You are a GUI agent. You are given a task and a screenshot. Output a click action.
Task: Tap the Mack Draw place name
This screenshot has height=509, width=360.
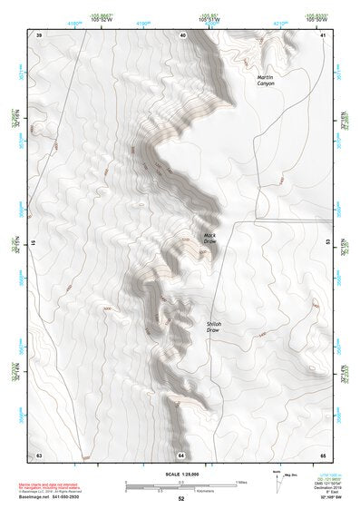click(x=210, y=239)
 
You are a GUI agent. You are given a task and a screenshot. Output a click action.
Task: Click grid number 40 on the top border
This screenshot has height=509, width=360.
click(x=182, y=34)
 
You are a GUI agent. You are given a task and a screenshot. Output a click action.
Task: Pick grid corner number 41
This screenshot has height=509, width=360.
click(x=323, y=34)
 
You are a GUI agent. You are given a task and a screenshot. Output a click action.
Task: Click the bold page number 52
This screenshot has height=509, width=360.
click(x=181, y=499)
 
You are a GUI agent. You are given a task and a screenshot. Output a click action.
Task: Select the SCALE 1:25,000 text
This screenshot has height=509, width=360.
click(x=180, y=474)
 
